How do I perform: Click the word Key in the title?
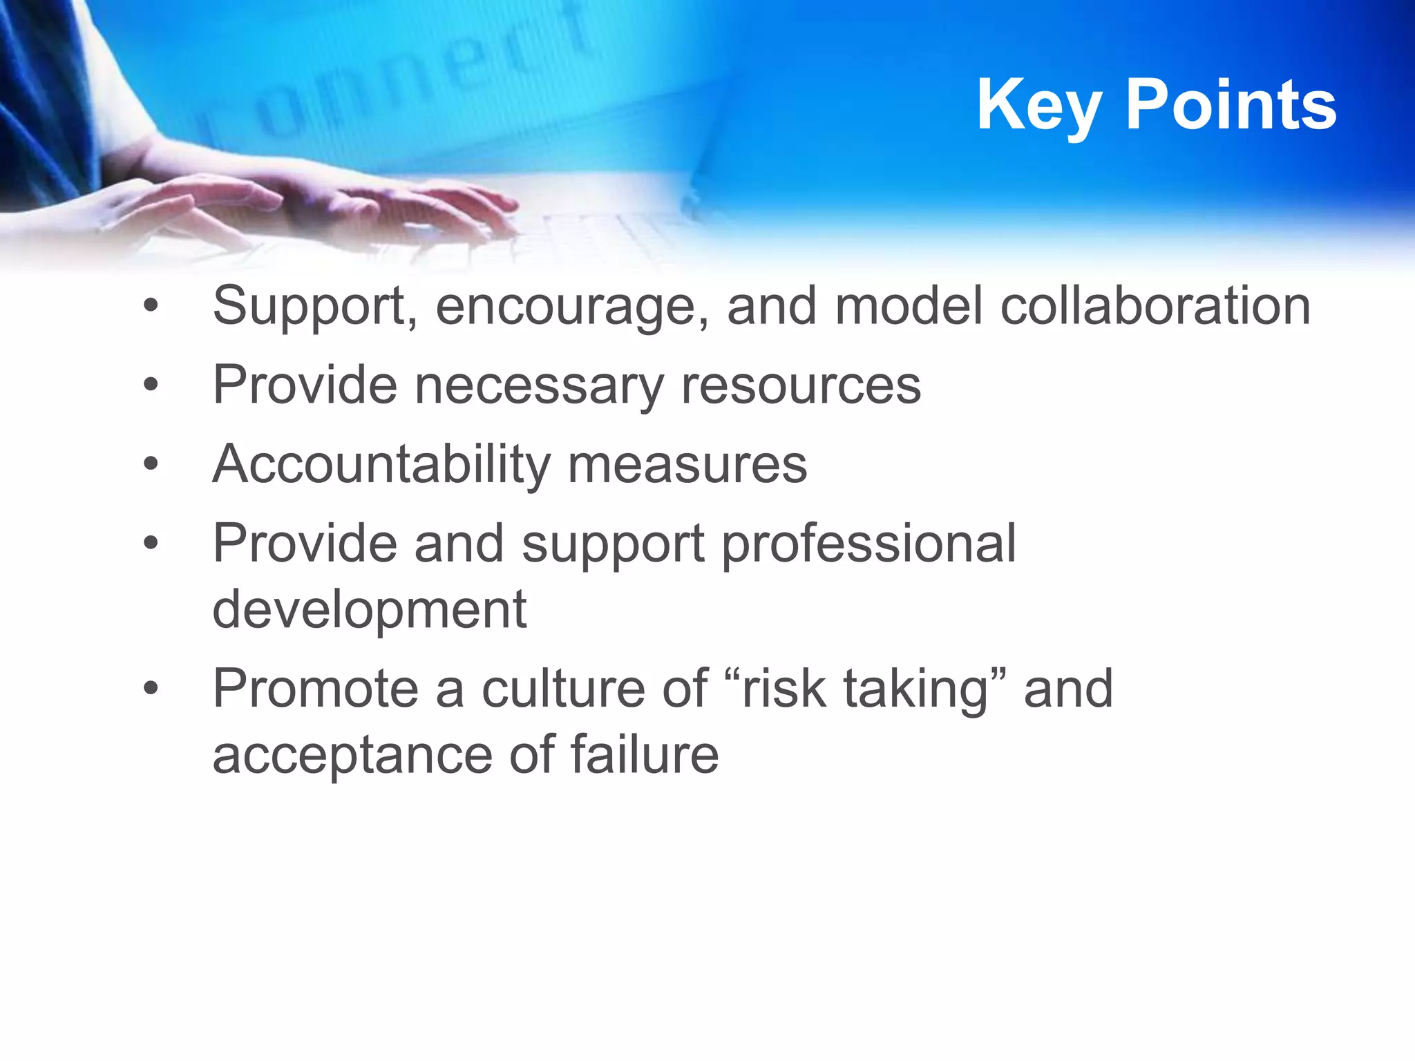(1038, 105)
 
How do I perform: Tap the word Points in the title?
(1231, 105)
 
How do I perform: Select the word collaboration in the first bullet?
(1155, 305)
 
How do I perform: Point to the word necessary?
(538, 385)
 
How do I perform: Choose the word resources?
(801, 385)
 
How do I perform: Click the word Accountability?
(381, 464)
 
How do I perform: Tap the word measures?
(687, 464)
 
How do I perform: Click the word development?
(370, 609)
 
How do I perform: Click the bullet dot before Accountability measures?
(151, 464)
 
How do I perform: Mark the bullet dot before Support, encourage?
(151, 306)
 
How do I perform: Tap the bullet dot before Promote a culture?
(151, 689)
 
